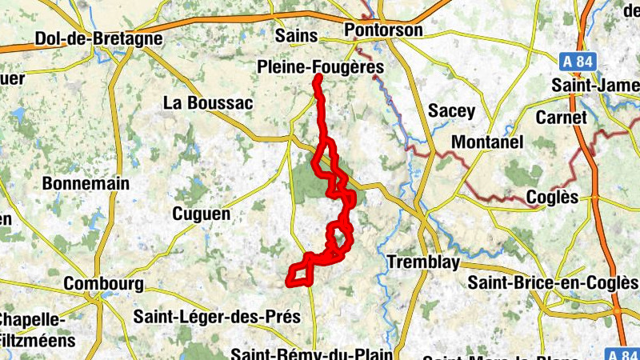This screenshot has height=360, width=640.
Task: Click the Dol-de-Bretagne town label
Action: (x=99, y=38)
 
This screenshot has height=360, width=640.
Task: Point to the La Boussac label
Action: (x=208, y=102)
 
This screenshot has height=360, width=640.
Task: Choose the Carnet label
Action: (x=562, y=118)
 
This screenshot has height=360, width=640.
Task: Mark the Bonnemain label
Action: (x=86, y=183)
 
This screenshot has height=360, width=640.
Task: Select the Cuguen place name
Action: (x=202, y=214)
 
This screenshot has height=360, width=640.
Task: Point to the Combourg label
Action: (x=103, y=284)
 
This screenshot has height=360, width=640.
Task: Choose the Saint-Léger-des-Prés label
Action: (x=217, y=317)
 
